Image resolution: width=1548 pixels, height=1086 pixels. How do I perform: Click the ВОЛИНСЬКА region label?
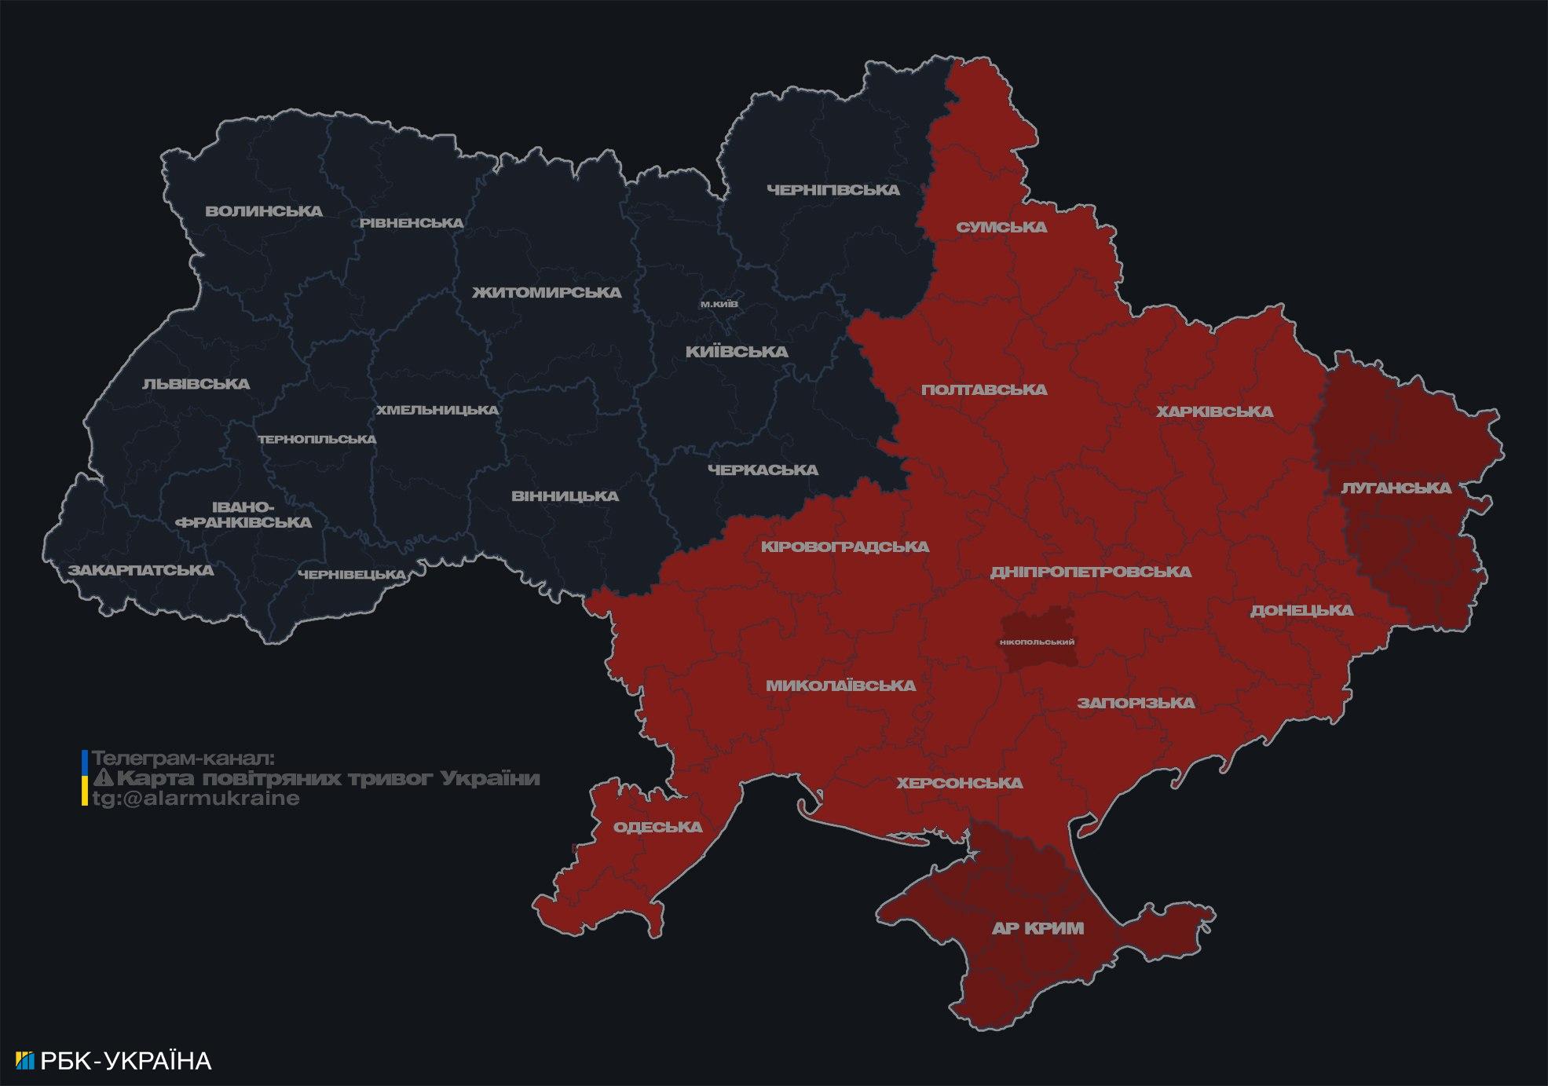[x=264, y=211]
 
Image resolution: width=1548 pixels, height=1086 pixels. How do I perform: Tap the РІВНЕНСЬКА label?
[x=412, y=223]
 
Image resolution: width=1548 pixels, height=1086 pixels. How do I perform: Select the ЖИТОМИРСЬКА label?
[x=547, y=293]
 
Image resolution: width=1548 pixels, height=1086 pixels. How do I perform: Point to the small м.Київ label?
[x=719, y=304]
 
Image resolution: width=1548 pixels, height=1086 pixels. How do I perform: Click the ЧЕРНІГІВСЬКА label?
[x=833, y=190]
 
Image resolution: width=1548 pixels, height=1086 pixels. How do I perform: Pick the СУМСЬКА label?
[x=1001, y=228]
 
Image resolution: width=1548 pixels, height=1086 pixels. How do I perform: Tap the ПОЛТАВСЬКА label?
[x=984, y=390]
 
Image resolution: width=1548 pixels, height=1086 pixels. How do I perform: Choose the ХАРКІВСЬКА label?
[x=1214, y=412]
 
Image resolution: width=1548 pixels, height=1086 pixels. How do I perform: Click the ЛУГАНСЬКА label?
[x=1396, y=488]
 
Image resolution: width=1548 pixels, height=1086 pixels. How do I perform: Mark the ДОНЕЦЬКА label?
[x=1301, y=611]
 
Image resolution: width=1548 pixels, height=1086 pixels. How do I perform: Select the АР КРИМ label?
[x=1037, y=929]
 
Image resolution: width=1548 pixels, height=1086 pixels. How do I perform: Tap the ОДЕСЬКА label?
[x=657, y=828]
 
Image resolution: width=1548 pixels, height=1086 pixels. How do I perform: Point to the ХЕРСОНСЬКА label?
[x=960, y=784]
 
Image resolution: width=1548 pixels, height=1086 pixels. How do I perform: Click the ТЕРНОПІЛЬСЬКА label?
[x=317, y=440]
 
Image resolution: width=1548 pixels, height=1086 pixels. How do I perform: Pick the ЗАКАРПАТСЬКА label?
[x=141, y=570]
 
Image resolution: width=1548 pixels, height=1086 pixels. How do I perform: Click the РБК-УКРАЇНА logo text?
[x=126, y=1061]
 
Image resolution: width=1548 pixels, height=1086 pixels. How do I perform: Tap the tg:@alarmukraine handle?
[x=196, y=799]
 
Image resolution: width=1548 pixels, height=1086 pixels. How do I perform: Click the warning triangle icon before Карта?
[x=103, y=778]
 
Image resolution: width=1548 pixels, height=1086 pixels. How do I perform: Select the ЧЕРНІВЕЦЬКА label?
[x=352, y=575]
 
